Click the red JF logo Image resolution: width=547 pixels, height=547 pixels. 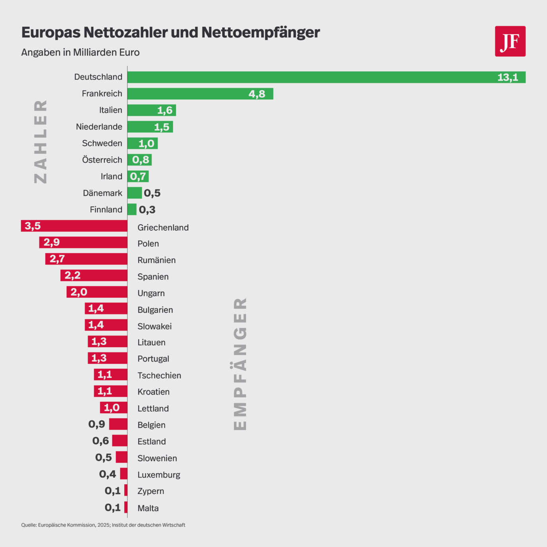coord(510,41)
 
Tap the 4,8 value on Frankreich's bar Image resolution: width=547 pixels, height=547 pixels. coord(257,94)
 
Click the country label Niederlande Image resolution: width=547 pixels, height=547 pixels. coord(99,127)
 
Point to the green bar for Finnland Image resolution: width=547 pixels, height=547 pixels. coord(132,210)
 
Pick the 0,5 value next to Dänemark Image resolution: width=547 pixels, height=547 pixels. coord(152,193)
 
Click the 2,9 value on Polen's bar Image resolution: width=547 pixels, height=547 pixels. coord(52,243)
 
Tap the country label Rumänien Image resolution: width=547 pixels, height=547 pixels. coord(156,260)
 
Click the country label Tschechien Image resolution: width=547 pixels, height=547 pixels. coord(159,376)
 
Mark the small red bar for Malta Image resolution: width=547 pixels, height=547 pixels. coord(126,507)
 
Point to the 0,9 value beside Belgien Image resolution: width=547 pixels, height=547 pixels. coord(97,424)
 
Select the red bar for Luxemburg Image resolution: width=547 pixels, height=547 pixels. coord(124,474)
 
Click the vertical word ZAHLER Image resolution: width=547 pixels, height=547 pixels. coord(40,142)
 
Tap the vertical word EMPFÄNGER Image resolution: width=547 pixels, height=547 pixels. coord(240,364)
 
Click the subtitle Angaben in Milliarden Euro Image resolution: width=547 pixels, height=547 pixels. coord(80,52)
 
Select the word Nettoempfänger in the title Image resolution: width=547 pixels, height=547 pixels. coord(260,33)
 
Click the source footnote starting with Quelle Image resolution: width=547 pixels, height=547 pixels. coord(103,525)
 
